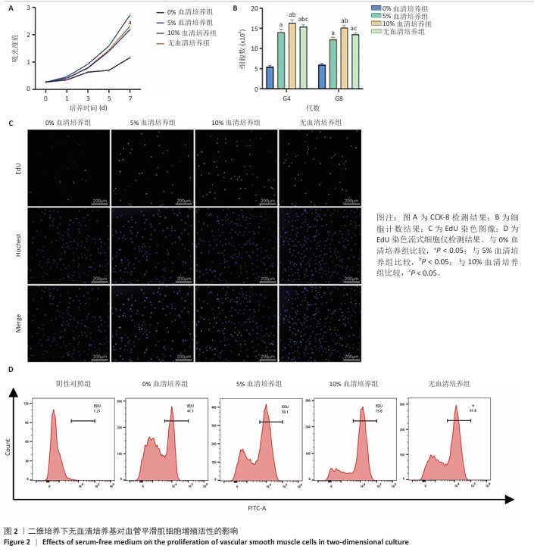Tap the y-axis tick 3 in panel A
tap(29, 8)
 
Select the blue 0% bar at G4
tap(270, 77)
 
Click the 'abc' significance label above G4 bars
tap(302, 20)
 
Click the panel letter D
tap(10, 369)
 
